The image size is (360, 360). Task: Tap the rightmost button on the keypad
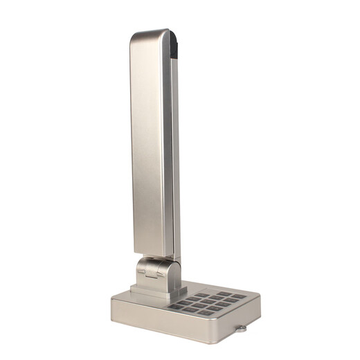tap(238, 296)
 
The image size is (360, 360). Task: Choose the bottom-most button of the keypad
tap(208, 312)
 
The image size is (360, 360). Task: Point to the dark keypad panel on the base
tap(207, 300)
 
